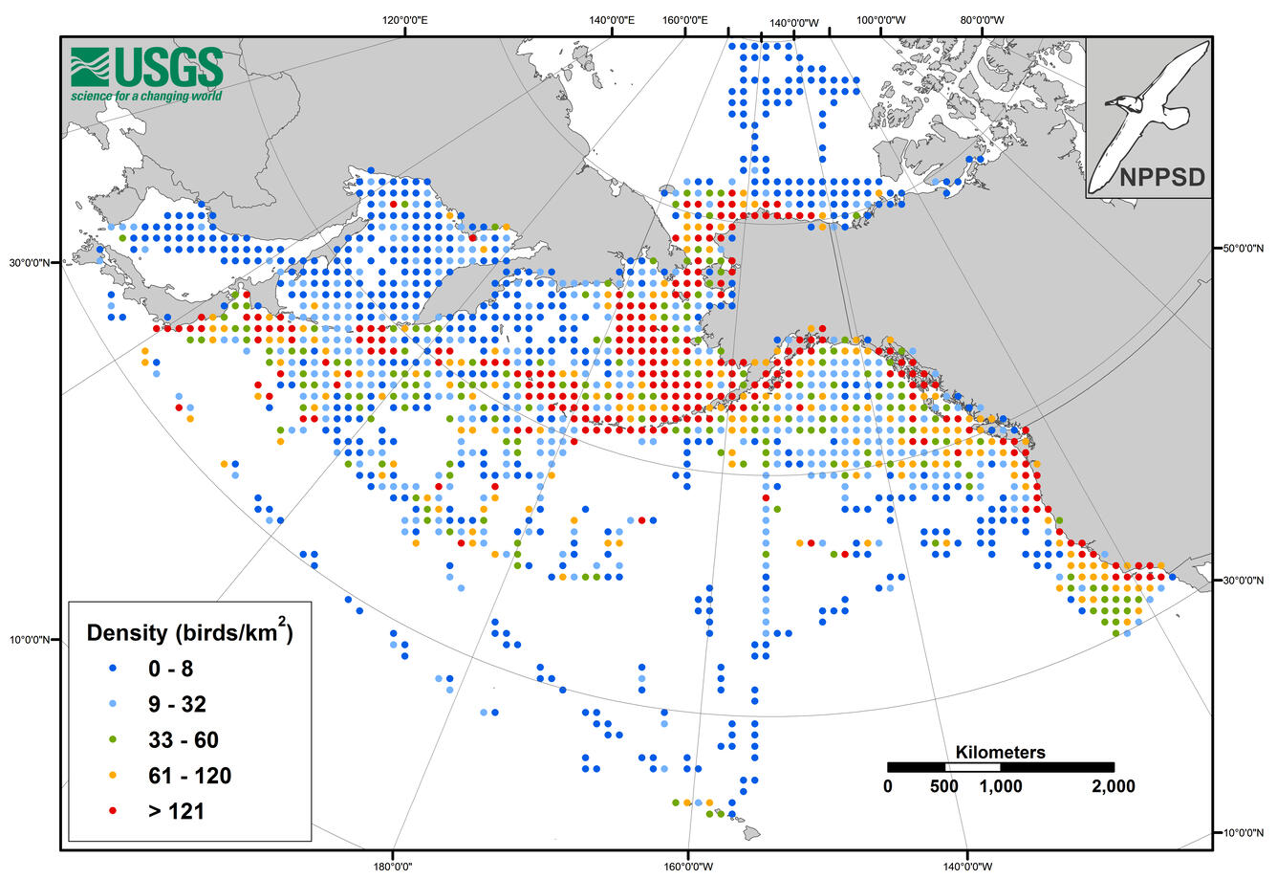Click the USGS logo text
coord(168,67)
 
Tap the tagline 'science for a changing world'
coord(146,96)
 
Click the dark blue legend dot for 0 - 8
coord(112,669)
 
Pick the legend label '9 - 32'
coord(177,705)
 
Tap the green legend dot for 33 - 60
coord(112,740)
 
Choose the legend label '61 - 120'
coord(189,776)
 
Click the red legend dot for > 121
coord(112,811)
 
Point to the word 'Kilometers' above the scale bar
coord(1000,752)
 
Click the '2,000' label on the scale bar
coord(1113,786)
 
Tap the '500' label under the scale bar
coord(943,786)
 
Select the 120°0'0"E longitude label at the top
coord(405,20)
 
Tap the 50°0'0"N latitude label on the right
coord(1244,248)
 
